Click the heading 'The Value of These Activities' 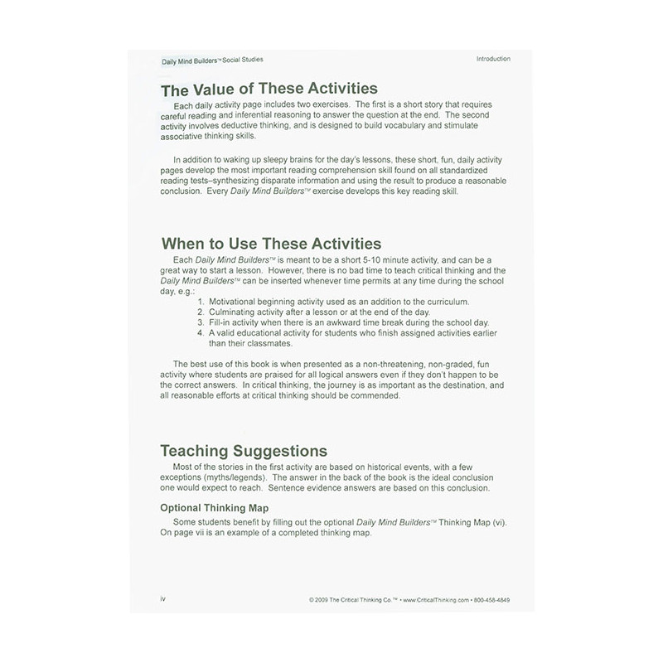(269, 89)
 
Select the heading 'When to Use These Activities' (271, 244)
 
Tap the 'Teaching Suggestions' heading (244, 451)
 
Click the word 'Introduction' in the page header (493, 60)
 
